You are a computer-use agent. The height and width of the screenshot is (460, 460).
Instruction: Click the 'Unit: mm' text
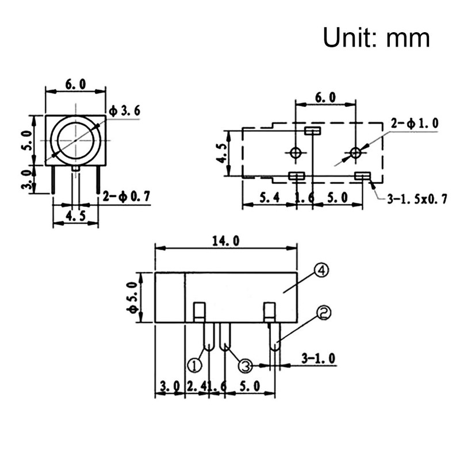tap(376, 38)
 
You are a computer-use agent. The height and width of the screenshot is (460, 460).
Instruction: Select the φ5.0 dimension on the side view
tap(134, 298)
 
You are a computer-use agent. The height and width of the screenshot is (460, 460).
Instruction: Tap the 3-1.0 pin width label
tap(318, 358)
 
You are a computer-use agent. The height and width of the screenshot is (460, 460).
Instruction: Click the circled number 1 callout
tap(195, 365)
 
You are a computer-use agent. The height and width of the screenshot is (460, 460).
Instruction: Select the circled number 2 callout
tap(323, 312)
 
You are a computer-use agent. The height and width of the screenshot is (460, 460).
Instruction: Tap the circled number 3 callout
tap(245, 365)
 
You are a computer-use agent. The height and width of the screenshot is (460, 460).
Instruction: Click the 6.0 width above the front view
tap(75, 84)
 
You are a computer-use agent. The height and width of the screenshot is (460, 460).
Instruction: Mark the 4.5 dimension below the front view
tap(75, 216)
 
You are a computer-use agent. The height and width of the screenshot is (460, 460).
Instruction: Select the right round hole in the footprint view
tap(356, 152)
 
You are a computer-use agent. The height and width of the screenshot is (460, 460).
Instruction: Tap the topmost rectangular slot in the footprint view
tap(312, 131)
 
